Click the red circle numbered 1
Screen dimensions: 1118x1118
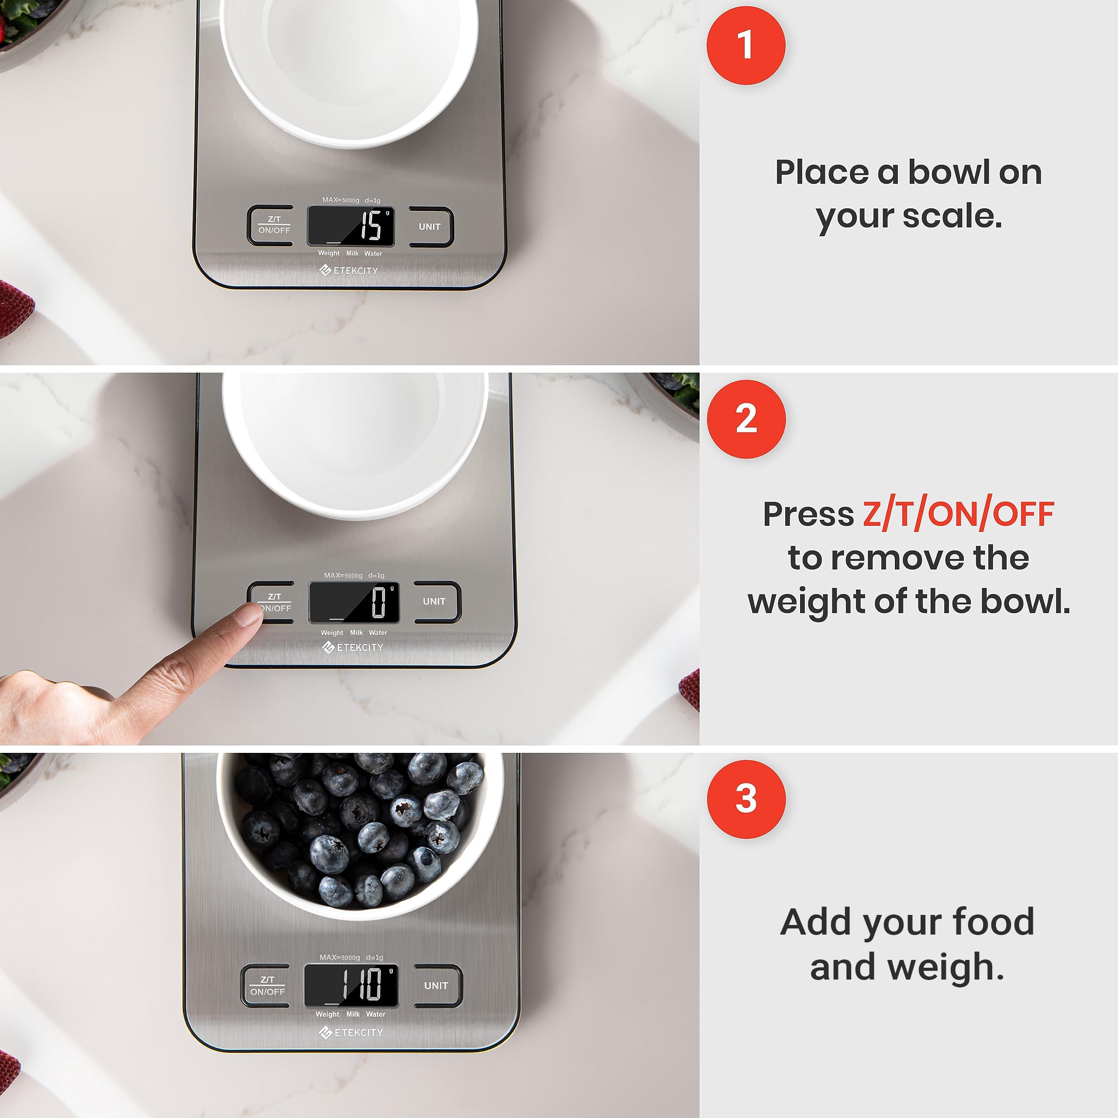(x=745, y=46)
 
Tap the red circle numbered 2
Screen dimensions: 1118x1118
(x=746, y=419)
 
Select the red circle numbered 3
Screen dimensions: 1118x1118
(x=746, y=799)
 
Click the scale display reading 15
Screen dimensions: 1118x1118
(x=351, y=226)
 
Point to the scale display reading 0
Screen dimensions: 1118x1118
(x=354, y=602)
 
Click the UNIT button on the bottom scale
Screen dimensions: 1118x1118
(x=438, y=986)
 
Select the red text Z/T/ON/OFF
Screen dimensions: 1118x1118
(x=958, y=514)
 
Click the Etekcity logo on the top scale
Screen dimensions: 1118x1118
(x=349, y=270)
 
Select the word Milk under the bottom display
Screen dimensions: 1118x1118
(x=353, y=1014)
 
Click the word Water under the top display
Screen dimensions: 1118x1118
(x=373, y=253)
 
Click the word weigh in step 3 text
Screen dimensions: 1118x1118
(x=945, y=967)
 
